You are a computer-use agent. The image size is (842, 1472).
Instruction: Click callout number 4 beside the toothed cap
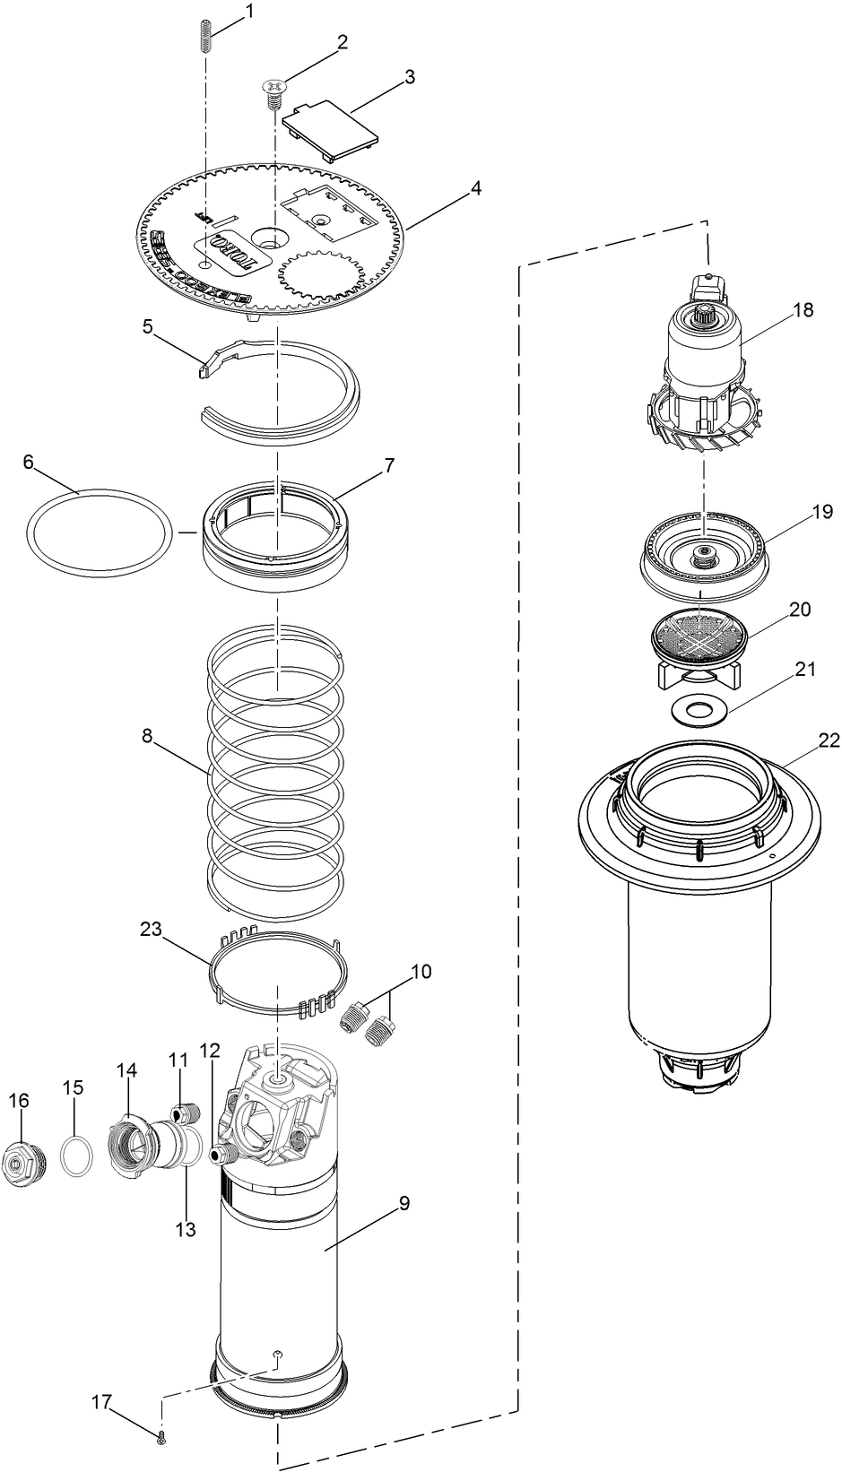point(475,189)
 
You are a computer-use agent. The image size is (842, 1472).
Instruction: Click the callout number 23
point(150,929)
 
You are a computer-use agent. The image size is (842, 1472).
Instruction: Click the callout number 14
point(126,1069)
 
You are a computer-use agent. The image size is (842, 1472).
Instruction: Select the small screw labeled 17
point(161,1437)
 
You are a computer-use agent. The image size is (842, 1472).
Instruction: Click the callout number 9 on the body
point(404,1203)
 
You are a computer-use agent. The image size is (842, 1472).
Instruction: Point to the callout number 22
point(828,740)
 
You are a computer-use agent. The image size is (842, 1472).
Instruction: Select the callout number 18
point(803,309)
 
